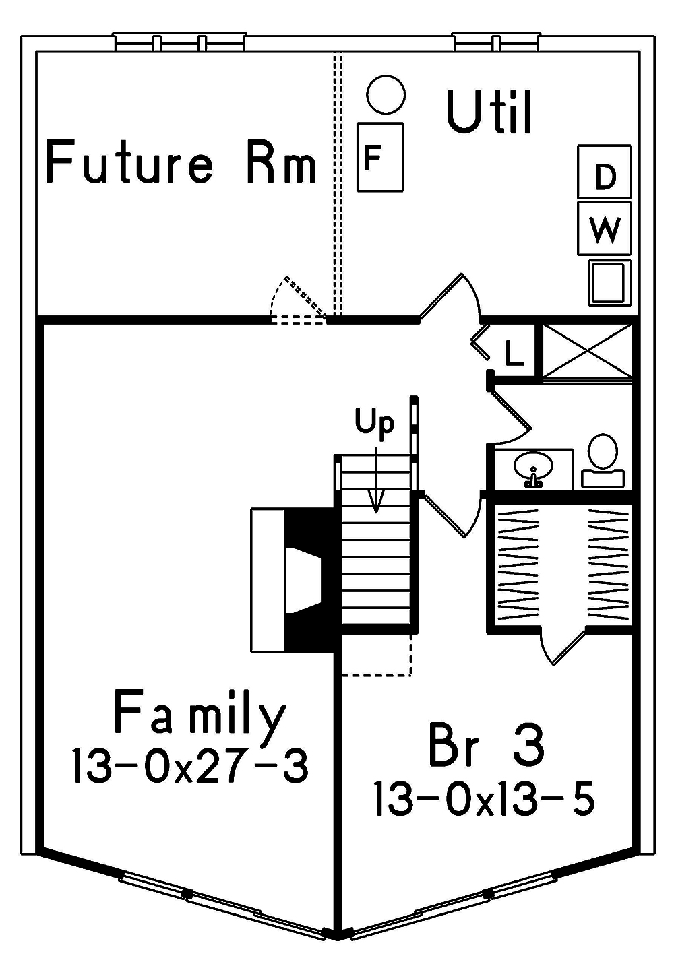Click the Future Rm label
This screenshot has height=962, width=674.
click(x=181, y=162)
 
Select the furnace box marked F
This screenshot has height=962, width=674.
click(x=379, y=157)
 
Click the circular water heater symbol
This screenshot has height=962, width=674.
click(x=387, y=95)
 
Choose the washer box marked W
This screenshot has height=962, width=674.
click(x=605, y=228)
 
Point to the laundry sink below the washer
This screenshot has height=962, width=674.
click(x=609, y=282)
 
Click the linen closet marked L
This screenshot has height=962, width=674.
click(x=514, y=352)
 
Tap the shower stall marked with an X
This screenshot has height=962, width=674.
click(x=588, y=350)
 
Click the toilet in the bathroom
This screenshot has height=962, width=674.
click(x=603, y=458)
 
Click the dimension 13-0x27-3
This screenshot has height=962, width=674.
click(x=190, y=766)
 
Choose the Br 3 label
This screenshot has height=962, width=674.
click(x=486, y=746)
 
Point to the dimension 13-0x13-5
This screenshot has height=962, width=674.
click(x=485, y=799)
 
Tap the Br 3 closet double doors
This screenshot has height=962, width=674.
click(x=563, y=643)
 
